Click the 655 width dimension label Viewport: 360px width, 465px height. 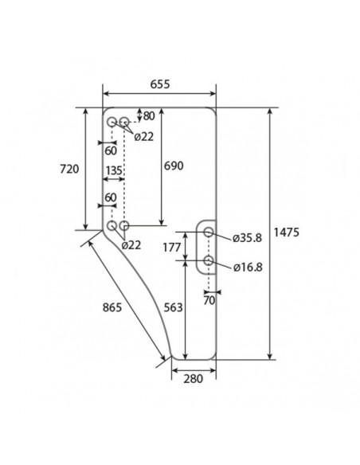[160, 84]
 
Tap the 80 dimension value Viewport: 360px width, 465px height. [148, 115]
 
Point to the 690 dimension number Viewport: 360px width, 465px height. [173, 166]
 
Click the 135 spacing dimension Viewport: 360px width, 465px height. [112, 171]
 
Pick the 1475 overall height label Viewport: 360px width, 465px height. [286, 232]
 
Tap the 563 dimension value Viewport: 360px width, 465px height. [173, 307]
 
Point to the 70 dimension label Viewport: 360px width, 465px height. [209, 302]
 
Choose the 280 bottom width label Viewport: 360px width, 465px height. [193, 378]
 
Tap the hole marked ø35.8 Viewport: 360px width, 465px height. [209, 232]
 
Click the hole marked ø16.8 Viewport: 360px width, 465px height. [209, 260]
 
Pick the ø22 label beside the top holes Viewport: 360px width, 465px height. [144, 136]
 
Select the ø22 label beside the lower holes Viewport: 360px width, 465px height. [131, 245]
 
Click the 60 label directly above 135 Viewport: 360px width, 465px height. [110, 150]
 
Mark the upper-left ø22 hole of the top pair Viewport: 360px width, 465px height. [112, 122]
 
